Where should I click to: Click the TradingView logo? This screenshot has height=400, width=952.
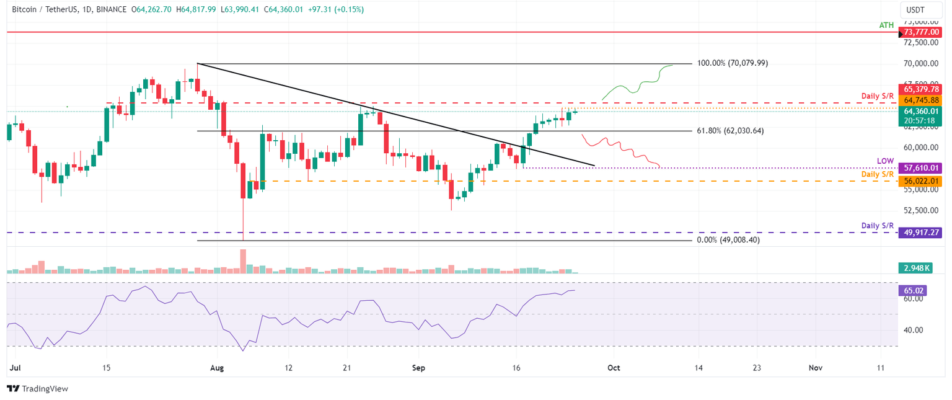[37, 388]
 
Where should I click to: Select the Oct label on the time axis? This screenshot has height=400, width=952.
[614, 368]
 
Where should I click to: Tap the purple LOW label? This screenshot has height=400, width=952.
[885, 161]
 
